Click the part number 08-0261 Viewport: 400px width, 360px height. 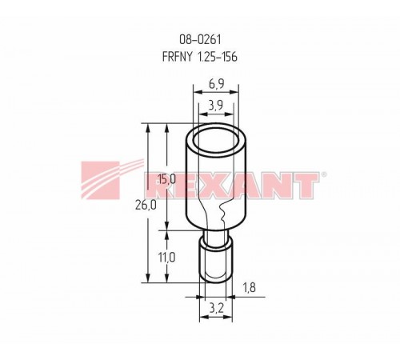200,40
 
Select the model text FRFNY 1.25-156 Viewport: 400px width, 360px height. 200,57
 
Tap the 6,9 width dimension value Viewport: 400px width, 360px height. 216,84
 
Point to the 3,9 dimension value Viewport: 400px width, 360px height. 216,106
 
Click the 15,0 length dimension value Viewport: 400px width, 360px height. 167,179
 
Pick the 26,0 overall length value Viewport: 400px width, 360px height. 146,206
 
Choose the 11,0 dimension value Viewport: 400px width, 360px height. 166,258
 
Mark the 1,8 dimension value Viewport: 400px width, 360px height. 249,287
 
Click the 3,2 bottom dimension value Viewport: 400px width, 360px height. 216,309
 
